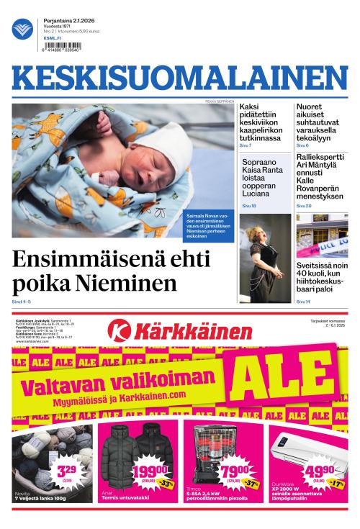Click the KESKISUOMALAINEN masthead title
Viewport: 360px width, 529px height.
click(x=179, y=79)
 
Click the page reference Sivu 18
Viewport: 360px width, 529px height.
click(x=249, y=207)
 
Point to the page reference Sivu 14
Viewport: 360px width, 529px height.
click(x=303, y=301)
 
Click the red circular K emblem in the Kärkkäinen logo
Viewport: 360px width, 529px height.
click(x=119, y=331)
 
